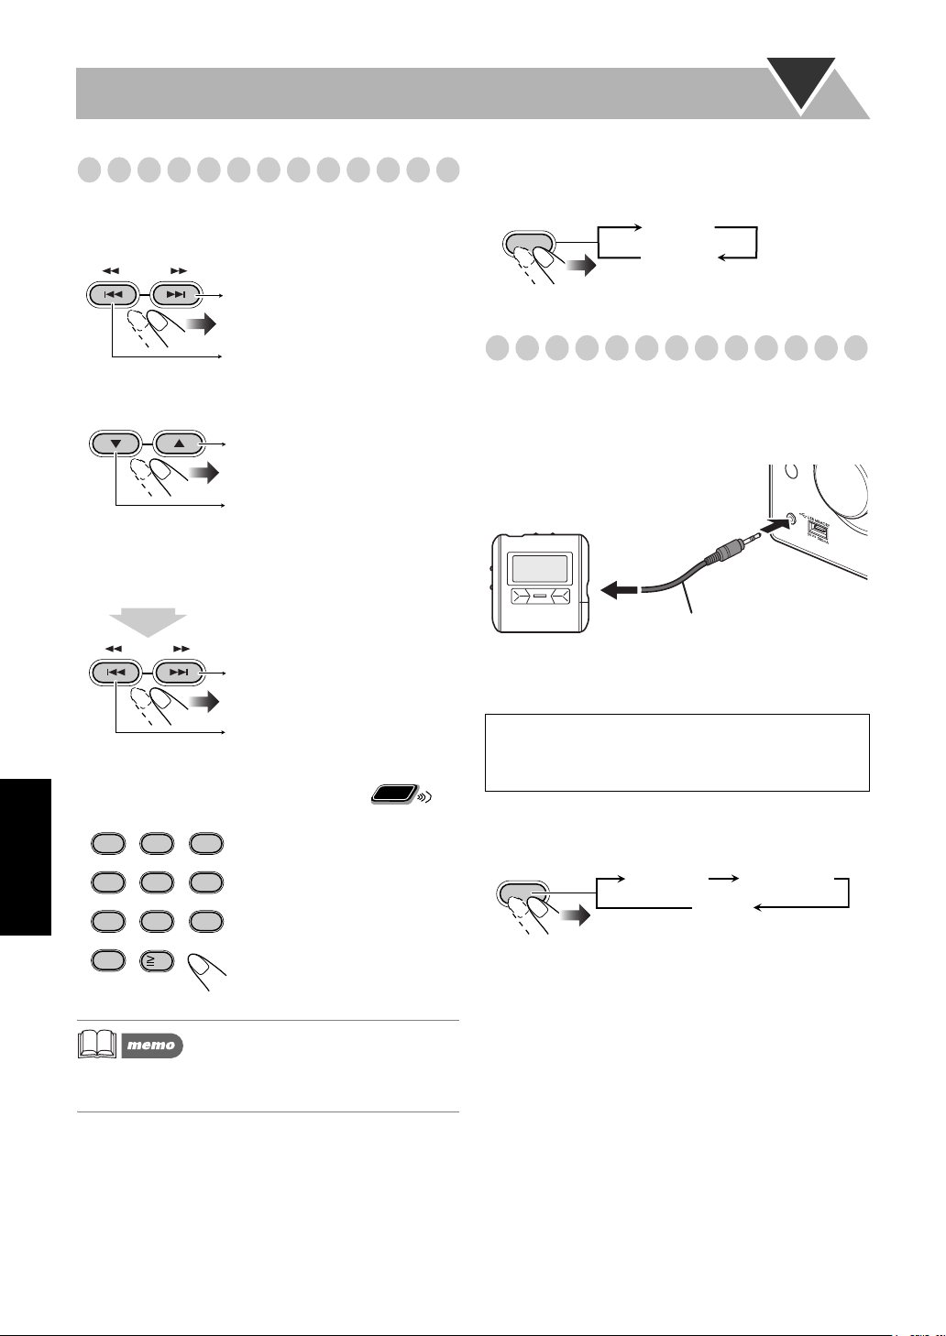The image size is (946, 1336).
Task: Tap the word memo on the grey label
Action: click(x=151, y=1045)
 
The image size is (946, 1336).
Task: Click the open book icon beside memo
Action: click(x=98, y=1045)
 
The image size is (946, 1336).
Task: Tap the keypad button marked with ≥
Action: click(x=157, y=959)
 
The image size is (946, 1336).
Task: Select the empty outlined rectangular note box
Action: click(x=676, y=752)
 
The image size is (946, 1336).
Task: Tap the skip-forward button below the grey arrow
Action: click(x=180, y=673)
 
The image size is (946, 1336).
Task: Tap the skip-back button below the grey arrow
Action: click(x=114, y=673)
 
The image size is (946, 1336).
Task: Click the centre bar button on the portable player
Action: click(x=538, y=598)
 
